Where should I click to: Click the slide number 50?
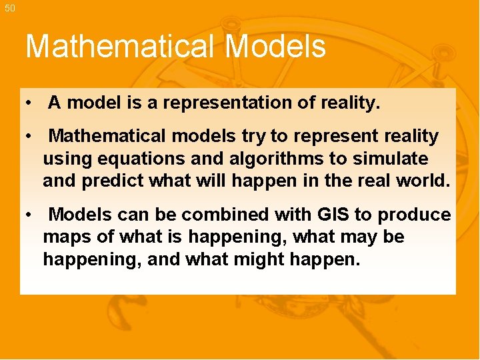(9, 7)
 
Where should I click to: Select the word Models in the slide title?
(275, 47)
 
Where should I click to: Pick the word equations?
(131, 159)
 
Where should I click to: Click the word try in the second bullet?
(253, 137)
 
